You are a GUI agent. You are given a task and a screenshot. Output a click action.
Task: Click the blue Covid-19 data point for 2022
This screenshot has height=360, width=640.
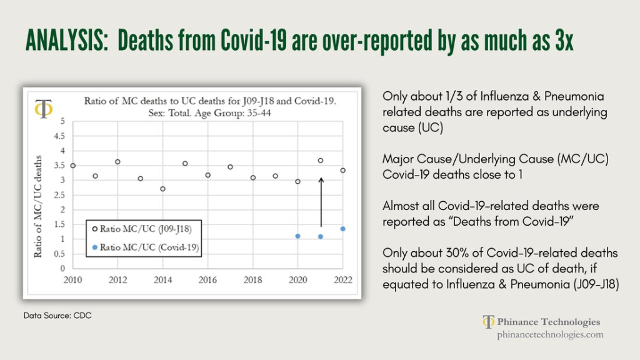pos(343,229)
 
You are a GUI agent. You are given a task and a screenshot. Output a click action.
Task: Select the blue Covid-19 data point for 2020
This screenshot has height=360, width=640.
pos(297,236)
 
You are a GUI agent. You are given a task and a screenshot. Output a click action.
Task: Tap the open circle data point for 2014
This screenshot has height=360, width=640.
pos(162,189)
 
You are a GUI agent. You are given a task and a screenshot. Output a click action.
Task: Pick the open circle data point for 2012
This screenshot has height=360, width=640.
pos(117,162)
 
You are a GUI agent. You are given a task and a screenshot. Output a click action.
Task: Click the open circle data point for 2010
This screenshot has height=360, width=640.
pos(72,166)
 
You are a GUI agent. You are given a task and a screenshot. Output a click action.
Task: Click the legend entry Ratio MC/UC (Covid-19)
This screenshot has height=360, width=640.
pos(144,247)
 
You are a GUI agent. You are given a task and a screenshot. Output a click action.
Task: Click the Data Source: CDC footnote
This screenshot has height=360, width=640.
pos(57,316)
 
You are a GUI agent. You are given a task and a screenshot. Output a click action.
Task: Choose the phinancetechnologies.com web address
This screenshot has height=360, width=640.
pos(550,335)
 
